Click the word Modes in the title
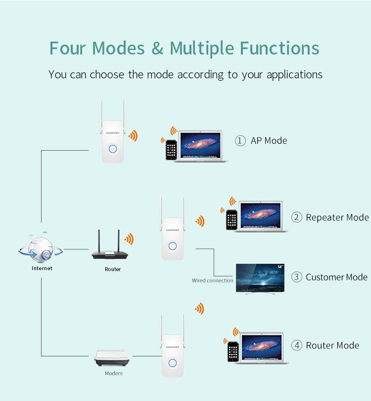119,49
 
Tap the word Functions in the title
279,49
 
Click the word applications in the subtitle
294,75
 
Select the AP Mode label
269,141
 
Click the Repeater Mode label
337,218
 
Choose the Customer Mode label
336,277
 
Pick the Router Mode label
332,345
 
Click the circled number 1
240,141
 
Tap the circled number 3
296,277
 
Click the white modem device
113,359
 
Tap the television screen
260,278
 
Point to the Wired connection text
212,281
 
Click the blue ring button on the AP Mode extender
113,149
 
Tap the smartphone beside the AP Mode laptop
171,150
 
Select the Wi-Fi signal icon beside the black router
129,239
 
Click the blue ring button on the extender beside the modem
173,363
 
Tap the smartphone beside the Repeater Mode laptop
231,220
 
